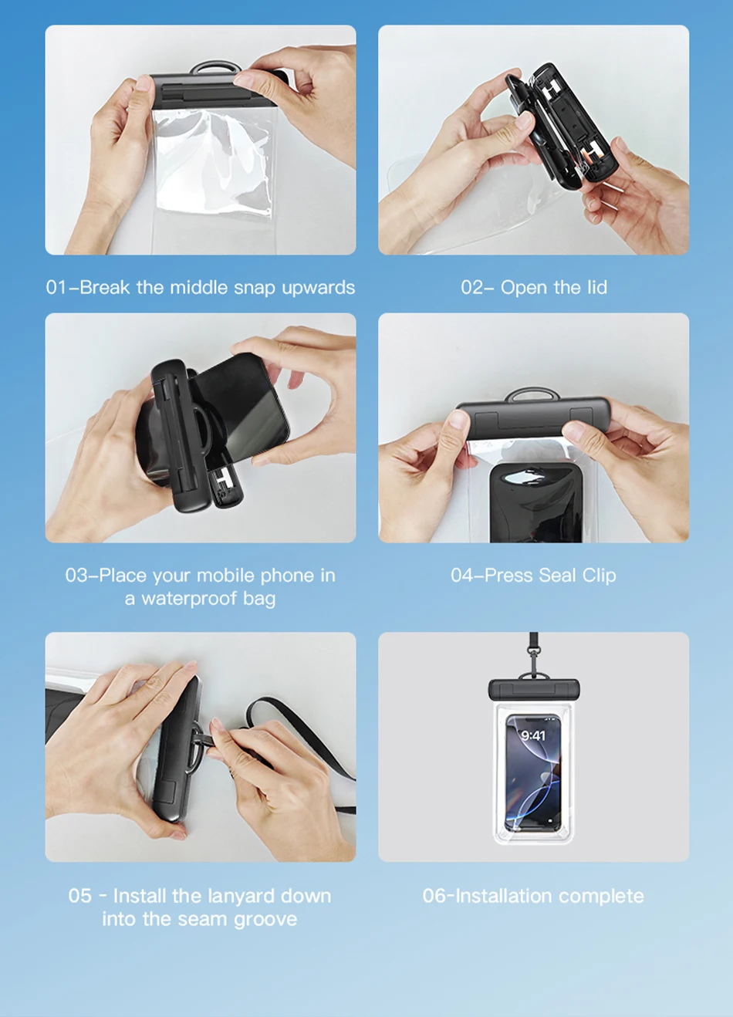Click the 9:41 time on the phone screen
[x=533, y=735]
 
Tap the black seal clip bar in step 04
[x=533, y=419]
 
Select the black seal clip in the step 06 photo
[x=534, y=691]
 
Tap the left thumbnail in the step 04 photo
[x=458, y=420]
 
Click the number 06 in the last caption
[x=433, y=896]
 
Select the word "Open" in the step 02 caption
[x=524, y=288]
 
